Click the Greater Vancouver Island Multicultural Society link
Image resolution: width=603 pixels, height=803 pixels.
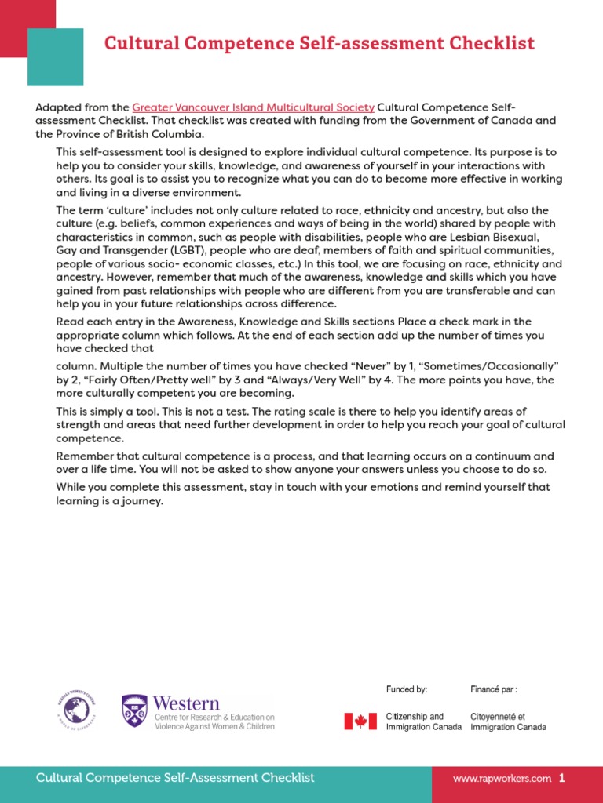coord(253,107)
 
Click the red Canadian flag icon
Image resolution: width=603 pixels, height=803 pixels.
coord(360,721)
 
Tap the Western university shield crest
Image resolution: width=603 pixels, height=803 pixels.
coord(134,710)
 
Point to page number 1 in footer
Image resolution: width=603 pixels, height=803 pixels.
coord(562,779)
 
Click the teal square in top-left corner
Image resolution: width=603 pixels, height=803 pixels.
coord(55,56)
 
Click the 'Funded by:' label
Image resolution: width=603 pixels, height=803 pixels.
coord(407,689)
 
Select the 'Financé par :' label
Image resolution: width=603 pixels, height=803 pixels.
coord(494,689)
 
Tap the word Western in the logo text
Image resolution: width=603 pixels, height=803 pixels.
coord(186,703)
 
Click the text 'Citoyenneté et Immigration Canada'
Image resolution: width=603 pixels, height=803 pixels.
coord(508,721)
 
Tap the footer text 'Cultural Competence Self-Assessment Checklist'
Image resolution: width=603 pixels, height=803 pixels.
coord(175,778)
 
